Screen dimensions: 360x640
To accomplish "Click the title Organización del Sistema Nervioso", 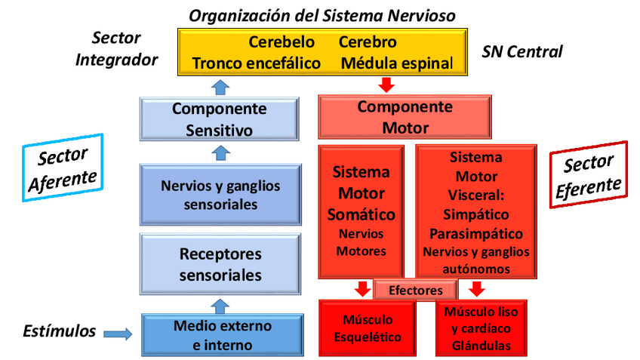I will (x=322, y=15).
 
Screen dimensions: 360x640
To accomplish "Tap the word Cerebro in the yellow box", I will (x=368, y=42).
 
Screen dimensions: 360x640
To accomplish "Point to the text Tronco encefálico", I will (x=257, y=63).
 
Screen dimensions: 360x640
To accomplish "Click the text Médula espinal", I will (x=397, y=63).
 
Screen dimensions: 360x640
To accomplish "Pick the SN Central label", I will (x=522, y=51).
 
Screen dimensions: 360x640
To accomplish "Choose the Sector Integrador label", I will (x=116, y=48).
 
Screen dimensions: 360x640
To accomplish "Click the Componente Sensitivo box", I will (x=219, y=119).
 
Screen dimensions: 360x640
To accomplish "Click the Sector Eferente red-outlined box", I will (x=588, y=174).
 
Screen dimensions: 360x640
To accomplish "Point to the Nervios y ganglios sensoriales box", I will (x=220, y=195).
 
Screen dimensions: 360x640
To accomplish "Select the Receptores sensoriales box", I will (x=220, y=263).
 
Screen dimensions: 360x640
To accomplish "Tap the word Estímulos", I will (x=60, y=331).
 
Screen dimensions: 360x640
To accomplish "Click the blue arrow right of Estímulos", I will (x=117, y=332).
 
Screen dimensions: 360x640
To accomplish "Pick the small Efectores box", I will (x=415, y=290).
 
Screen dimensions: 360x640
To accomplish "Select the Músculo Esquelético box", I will (x=367, y=328).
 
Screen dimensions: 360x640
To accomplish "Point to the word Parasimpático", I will (x=475, y=233).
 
